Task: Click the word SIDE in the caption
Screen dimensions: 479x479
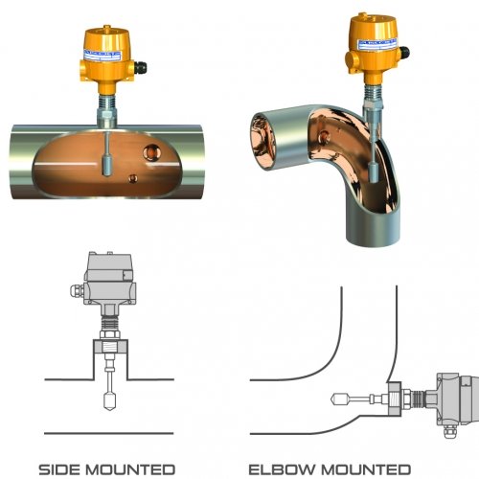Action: pos(64,469)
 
